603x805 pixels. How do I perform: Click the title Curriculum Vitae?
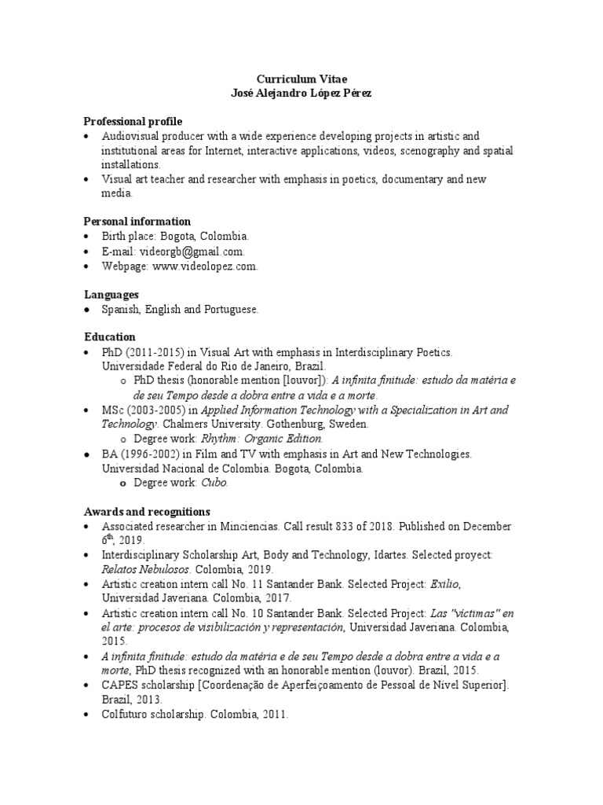pos(301,79)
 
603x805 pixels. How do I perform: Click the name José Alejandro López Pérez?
pos(301,94)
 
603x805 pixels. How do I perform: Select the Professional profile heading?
pos(133,122)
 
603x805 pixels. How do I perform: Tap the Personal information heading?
pos(137,222)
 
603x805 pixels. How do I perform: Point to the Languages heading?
pos(111,294)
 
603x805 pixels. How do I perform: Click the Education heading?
pos(110,337)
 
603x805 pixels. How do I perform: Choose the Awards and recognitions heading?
pos(147,512)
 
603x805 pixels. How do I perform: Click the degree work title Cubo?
pos(215,483)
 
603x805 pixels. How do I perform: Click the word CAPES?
pos(119,686)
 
